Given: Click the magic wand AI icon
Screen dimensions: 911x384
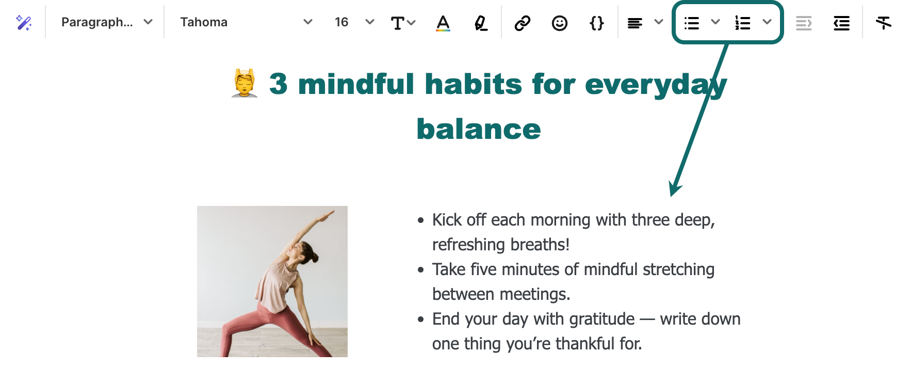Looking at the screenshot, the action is click(x=24, y=23).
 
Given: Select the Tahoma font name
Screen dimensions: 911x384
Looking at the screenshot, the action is click(x=204, y=22).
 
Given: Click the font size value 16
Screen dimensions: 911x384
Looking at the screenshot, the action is click(x=341, y=22).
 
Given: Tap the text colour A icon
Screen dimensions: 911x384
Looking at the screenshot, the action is click(x=443, y=23).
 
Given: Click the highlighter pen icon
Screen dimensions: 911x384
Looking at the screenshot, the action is click(x=481, y=23).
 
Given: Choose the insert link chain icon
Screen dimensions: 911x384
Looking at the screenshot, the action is click(x=523, y=23).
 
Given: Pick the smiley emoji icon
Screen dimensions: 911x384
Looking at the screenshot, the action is click(x=560, y=23).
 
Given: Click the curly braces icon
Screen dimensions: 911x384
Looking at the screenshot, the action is click(x=597, y=23).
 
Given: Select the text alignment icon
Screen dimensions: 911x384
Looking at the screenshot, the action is click(x=635, y=23).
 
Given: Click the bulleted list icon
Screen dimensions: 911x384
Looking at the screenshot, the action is click(x=692, y=23).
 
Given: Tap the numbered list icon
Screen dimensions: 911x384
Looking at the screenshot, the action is click(x=743, y=23).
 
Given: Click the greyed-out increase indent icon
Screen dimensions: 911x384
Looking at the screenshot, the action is click(x=804, y=23).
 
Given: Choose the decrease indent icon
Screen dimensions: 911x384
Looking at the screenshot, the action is click(x=841, y=23).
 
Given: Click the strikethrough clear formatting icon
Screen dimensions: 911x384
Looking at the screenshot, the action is click(x=884, y=23).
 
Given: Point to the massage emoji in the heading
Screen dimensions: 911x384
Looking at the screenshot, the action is click(x=245, y=83).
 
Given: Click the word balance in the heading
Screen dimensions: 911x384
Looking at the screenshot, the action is click(x=479, y=129).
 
